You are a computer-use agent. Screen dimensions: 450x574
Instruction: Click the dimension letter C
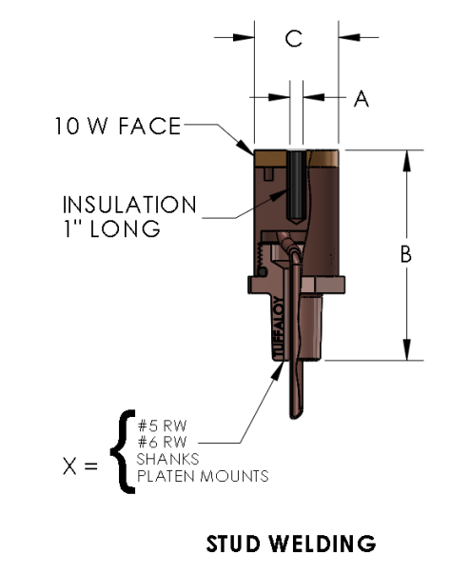[x=294, y=38]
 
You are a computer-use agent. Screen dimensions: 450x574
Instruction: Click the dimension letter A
[x=362, y=98]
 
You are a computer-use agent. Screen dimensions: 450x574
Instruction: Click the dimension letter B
[x=405, y=254]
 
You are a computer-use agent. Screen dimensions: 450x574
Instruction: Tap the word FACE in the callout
[x=149, y=126]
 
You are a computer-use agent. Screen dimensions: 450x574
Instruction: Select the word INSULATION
[x=129, y=205]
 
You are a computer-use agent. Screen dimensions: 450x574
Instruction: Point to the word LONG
[x=125, y=229]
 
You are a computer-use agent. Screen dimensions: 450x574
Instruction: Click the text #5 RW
[x=162, y=426]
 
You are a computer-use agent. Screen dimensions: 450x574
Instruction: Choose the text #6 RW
[x=162, y=443]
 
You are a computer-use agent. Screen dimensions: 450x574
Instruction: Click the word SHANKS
[x=168, y=459]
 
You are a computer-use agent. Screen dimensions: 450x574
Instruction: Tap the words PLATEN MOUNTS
[x=203, y=476]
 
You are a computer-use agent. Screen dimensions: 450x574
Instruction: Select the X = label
[x=80, y=466]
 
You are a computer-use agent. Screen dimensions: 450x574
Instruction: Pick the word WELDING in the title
[x=323, y=544]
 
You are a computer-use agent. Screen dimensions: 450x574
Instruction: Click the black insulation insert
[x=296, y=188]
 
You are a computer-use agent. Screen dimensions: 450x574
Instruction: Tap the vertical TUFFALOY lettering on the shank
[x=279, y=328]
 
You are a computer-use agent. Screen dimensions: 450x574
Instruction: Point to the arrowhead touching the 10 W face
[x=245, y=148]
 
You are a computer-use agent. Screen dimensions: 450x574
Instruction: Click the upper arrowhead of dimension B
[x=406, y=161]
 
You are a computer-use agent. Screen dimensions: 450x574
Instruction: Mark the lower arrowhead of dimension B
[x=406, y=349]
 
